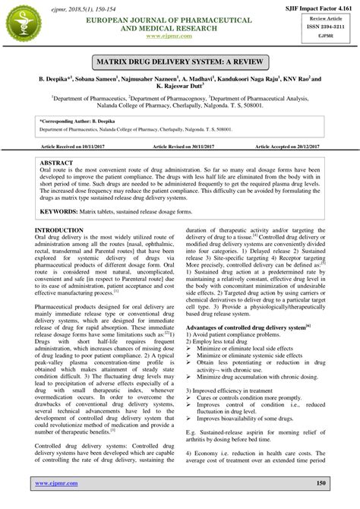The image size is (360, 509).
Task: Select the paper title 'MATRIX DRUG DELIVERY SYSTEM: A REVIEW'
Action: point(179,60)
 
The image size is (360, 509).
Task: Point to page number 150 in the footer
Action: point(320,482)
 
